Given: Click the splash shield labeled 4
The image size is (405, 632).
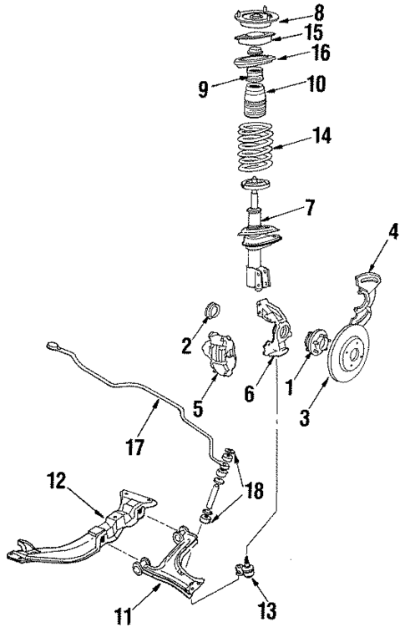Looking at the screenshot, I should click(x=366, y=296).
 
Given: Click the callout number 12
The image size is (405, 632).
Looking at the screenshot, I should click(x=56, y=483).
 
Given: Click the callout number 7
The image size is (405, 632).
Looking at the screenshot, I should click(x=309, y=207).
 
